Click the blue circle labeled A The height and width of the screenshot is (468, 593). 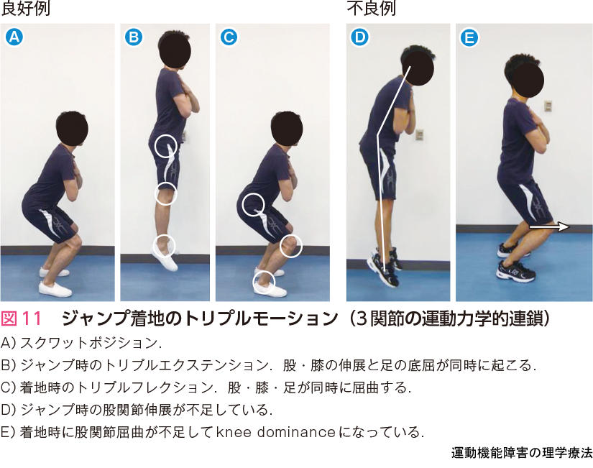coord(14,37)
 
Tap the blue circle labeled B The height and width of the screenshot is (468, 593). coord(134,37)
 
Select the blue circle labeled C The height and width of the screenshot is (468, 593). coord(229,37)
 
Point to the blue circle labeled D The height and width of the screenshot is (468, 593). coord(360,37)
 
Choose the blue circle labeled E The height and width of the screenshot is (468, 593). coord(469,37)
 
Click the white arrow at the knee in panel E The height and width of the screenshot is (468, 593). coord(549,227)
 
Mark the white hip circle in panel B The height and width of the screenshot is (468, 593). coord(165,146)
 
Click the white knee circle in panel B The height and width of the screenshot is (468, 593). coord(165,193)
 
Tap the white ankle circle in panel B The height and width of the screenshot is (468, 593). coord(164,245)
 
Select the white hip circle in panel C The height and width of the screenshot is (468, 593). coord(253,204)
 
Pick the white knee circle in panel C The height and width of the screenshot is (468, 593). coord(291,246)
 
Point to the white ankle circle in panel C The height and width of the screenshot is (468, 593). coord(264,283)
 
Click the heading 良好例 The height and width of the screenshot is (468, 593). coord(25,9)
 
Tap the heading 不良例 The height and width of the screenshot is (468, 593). coord(371,9)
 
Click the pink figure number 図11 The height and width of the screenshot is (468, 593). coord(21,318)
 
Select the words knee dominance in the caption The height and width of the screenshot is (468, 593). coord(276,432)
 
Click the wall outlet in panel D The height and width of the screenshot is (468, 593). coord(420,134)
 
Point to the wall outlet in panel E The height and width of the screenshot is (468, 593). coord(547,106)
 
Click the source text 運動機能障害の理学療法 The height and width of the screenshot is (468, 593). coord(522,453)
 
